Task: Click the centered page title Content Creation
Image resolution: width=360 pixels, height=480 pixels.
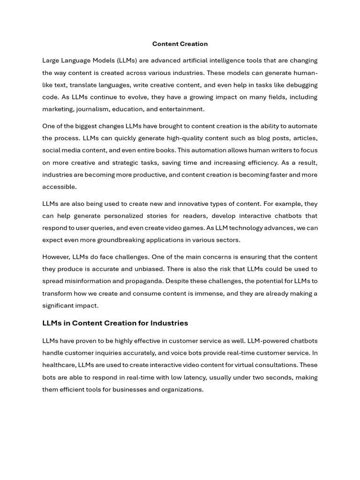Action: [180, 44]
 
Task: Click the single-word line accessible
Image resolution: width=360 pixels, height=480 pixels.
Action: [59, 187]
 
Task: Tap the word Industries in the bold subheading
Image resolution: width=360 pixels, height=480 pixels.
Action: [167, 323]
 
